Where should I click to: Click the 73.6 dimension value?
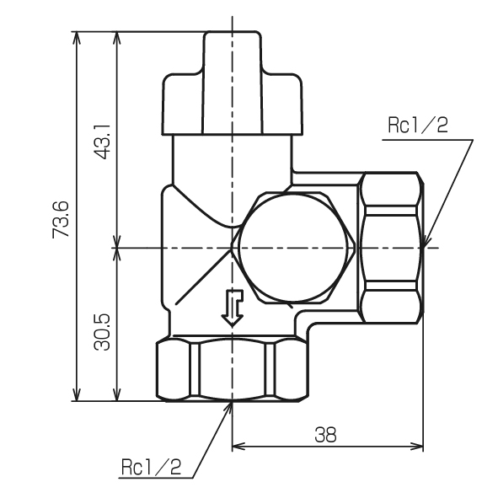[x=61, y=219]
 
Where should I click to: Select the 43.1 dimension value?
[x=102, y=142]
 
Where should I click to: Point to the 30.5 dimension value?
[x=102, y=332]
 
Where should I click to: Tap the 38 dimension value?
[x=325, y=435]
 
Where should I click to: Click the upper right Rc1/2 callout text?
[x=418, y=125]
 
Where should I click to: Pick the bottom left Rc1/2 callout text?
[x=151, y=467]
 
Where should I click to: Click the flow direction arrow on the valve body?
[x=233, y=308]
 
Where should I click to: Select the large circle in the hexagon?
[x=293, y=248]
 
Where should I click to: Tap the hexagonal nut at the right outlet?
[x=391, y=248]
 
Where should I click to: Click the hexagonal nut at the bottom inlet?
[x=233, y=370]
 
